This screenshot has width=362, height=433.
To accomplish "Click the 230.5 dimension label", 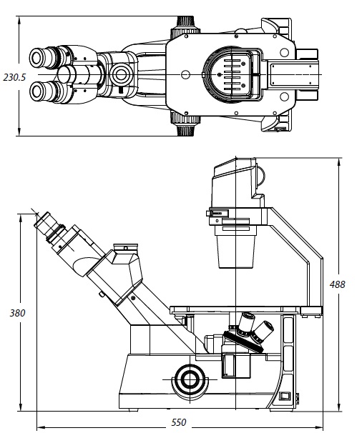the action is pyautogui.click(x=14, y=77).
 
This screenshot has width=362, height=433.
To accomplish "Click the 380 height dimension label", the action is pyautogui.click(x=17, y=313).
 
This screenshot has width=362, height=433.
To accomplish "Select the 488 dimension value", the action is pyautogui.click(x=338, y=284).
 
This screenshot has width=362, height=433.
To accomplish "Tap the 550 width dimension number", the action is pyautogui.click(x=179, y=422).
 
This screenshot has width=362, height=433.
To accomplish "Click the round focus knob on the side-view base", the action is pyautogui.click(x=190, y=379).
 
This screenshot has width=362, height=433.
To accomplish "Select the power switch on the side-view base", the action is pyautogui.click(x=284, y=396).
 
